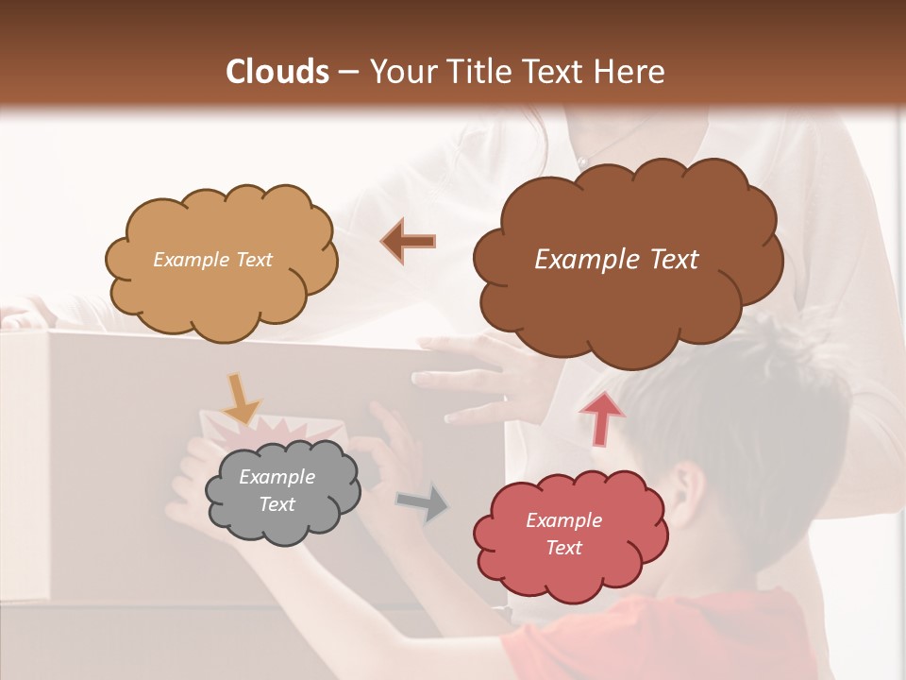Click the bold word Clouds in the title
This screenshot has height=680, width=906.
(x=277, y=72)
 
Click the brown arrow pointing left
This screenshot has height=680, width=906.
(x=409, y=241)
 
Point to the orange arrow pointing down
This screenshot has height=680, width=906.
(x=241, y=397)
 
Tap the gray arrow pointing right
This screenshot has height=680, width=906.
(x=423, y=503)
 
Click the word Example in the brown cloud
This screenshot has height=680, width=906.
(x=577, y=260)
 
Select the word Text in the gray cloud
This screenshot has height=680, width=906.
(x=277, y=504)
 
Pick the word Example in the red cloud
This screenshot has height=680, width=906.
(x=563, y=520)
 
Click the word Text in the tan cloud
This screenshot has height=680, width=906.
(x=252, y=260)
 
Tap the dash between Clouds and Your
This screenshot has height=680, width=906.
(x=348, y=72)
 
